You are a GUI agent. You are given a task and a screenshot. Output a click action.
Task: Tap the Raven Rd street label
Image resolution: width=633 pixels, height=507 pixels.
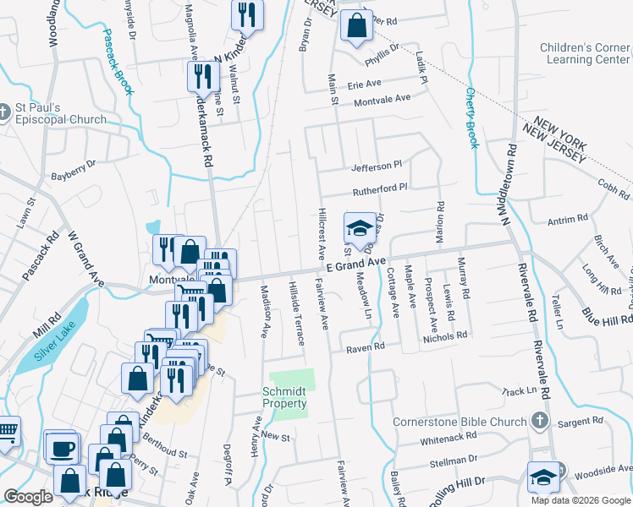point(366,346)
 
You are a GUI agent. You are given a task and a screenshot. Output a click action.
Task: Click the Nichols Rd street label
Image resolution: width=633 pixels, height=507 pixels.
point(446,335)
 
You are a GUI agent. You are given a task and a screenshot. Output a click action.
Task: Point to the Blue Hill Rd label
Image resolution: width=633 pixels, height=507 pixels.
point(607,315)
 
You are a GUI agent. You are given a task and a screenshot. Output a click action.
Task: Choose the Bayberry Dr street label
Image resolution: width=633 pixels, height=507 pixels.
point(74,172)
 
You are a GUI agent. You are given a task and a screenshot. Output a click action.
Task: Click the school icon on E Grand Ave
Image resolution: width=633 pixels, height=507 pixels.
point(359,227)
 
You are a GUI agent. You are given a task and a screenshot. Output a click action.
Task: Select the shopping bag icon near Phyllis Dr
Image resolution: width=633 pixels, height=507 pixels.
point(356,25)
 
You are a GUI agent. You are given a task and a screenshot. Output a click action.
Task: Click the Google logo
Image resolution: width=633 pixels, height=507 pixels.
point(28,497)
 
